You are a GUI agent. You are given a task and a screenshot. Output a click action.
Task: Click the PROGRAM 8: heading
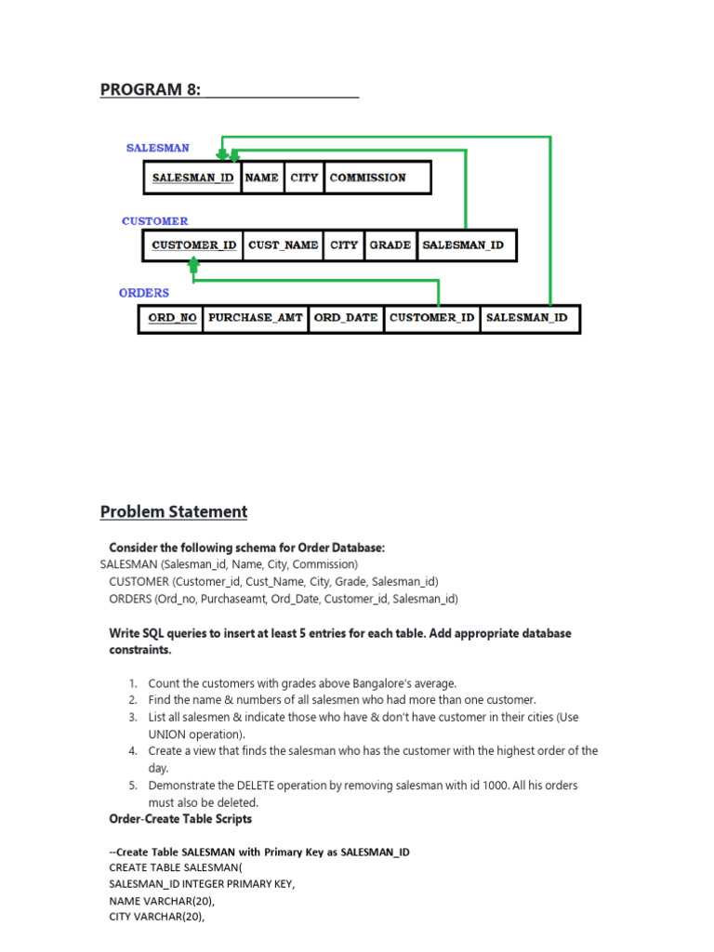click(x=151, y=89)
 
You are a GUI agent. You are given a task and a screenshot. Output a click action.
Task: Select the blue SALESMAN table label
click(x=158, y=148)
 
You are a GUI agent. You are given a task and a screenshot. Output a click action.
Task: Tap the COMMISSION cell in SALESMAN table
click(x=368, y=178)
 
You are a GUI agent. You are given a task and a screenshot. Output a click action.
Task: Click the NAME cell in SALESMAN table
click(x=262, y=178)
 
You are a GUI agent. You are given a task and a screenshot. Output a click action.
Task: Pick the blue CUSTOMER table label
click(x=154, y=221)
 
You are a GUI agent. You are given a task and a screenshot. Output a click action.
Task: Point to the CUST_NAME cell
click(x=283, y=245)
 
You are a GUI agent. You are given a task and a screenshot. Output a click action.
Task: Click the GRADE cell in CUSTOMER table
click(x=390, y=245)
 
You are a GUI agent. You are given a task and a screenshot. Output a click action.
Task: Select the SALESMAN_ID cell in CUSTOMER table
click(x=463, y=245)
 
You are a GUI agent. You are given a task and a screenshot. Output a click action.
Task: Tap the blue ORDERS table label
click(x=144, y=293)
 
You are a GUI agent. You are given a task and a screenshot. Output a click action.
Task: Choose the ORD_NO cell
click(x=172, y=318)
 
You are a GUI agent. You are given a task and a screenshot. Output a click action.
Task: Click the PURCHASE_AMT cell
click(x=256, y=318)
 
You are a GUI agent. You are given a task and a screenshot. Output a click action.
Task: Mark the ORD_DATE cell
click(x=346, y=318)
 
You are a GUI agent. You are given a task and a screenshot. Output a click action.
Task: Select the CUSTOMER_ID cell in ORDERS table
click(x=432, y=318)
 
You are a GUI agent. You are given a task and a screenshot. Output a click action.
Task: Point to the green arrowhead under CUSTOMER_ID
click(x=193, y=265)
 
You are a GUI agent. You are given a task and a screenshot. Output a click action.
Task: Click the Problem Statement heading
click(x=174, y=511)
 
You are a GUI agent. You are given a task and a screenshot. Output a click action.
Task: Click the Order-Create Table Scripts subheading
click(x=180, y=819)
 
